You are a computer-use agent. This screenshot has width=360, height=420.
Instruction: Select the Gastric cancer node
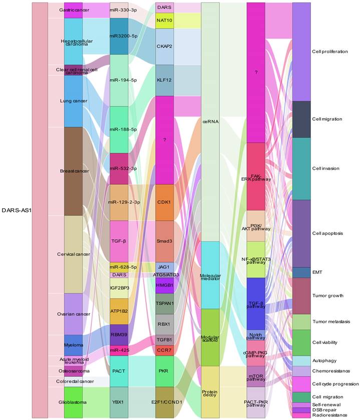(73, 10)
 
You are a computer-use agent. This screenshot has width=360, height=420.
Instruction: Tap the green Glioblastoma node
(73, 402)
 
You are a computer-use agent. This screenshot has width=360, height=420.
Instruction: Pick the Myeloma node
(73, 345)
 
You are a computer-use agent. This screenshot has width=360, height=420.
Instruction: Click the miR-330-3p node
(123, 10)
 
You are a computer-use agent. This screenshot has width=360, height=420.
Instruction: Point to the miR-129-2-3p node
(123, 202)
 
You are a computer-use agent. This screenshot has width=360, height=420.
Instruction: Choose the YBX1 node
(123, 402)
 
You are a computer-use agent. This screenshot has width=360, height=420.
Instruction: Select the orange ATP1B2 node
(123, 311)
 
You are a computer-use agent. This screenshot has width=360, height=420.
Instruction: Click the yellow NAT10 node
(165, 21)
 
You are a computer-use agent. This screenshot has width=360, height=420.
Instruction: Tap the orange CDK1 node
(165, 202)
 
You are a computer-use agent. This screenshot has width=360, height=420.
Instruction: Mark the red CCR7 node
(165, 350)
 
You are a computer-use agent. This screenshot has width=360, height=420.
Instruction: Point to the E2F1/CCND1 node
(165, 402)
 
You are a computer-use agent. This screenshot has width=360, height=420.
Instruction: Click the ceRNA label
(210, 121)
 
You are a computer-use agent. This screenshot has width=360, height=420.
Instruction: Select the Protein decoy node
(210, 392)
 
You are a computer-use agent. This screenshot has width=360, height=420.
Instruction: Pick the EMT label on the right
(317, 272)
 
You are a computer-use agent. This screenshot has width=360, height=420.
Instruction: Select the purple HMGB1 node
(165, 285)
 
